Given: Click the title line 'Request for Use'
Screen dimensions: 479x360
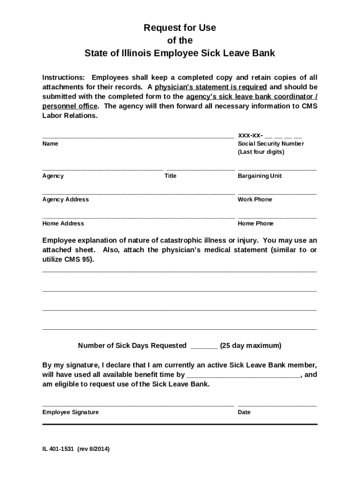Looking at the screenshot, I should tap(180, 28).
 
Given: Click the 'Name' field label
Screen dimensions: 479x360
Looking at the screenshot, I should tap(50, 144).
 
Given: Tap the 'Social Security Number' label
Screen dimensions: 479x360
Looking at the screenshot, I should tap(271, 144).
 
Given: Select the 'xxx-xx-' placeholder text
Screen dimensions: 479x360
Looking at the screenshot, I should tap(250, 135).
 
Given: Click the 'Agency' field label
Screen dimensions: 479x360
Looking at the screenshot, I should tap(53, 176).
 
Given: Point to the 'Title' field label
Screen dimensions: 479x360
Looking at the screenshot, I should tap(170, 176).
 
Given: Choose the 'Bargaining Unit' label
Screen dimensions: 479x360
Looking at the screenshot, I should tap(259, 176).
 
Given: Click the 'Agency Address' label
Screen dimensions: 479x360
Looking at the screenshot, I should tap(65, 199).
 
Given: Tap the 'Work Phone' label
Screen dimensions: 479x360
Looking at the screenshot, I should tap(255, 199).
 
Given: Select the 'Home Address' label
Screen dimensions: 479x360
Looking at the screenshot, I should tap(63, 224).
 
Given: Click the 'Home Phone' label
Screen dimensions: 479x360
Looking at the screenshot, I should tap(255, 224).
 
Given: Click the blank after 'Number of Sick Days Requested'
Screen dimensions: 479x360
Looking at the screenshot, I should tap(204, 346).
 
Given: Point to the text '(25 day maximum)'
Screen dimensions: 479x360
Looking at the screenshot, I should tap(251, 346).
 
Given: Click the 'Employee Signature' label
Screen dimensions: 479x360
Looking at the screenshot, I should tap(71, 412).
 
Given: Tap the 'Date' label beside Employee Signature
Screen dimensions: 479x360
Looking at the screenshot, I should tap(244, 412).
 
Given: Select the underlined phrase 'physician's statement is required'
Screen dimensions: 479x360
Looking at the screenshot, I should tap(211, 87).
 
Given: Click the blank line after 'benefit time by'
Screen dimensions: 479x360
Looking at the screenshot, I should tap(243, 375).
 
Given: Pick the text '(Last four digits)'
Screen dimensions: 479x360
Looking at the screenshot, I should tap(261, 152).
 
